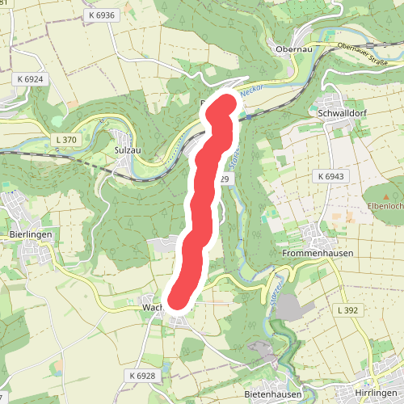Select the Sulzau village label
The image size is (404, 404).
pyautogui.click(x=129, y=149)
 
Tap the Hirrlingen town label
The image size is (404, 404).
pyautogui.click(x=377, y=393)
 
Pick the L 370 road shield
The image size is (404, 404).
pyautogui.click(x=66, y=140)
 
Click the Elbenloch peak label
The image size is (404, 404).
pyautogui.click(x=386, y=206)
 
